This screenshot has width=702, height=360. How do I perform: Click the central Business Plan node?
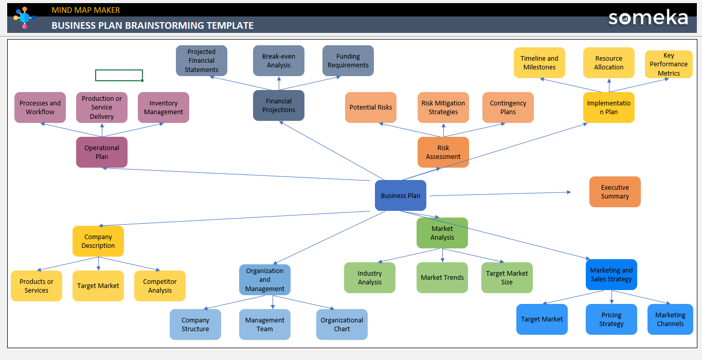pos(400,195)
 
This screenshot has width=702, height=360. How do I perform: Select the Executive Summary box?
pos(615,192)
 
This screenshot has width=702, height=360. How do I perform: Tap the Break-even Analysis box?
pos(278,61)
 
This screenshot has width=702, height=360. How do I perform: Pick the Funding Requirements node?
pos(348,61)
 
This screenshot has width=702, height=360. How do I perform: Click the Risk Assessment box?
pos(443,152)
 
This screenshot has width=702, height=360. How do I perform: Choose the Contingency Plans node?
pos(508,107)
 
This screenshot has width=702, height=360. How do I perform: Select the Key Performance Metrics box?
pos(669,64)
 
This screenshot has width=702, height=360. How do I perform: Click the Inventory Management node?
pos(163,107)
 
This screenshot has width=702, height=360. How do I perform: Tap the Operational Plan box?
pos(101,152)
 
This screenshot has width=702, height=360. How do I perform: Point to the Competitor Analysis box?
pos(159,286)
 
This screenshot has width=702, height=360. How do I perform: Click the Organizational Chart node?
pos(341,325)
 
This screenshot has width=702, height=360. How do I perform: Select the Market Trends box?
pos(442,278)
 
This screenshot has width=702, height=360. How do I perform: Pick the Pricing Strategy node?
pos(611,319)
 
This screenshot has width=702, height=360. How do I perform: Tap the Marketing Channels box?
pos(670,319)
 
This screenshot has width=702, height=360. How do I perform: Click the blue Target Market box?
pos(542,319)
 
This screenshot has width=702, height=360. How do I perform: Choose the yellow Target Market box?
pos(98,286)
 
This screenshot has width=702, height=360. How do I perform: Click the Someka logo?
pos(648,17)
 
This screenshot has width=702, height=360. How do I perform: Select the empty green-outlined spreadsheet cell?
pos(119,76)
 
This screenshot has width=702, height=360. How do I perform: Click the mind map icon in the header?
pos(24,18)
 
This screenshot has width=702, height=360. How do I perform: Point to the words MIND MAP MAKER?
pos(85,10)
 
